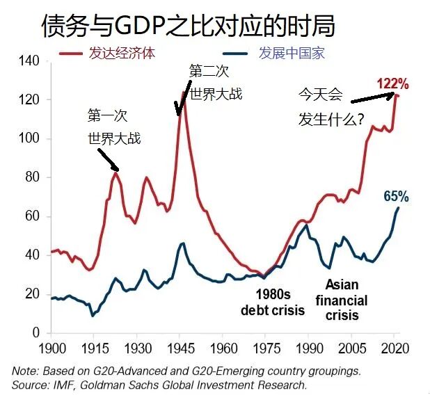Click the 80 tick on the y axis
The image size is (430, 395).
tap(31, 178)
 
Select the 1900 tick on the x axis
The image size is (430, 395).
tap(52, 346)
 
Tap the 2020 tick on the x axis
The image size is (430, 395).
tap(394, 346)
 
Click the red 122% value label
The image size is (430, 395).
tap(393, 84)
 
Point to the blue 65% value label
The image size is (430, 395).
tap(396, 197)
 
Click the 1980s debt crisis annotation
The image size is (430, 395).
tap(273, 302)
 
